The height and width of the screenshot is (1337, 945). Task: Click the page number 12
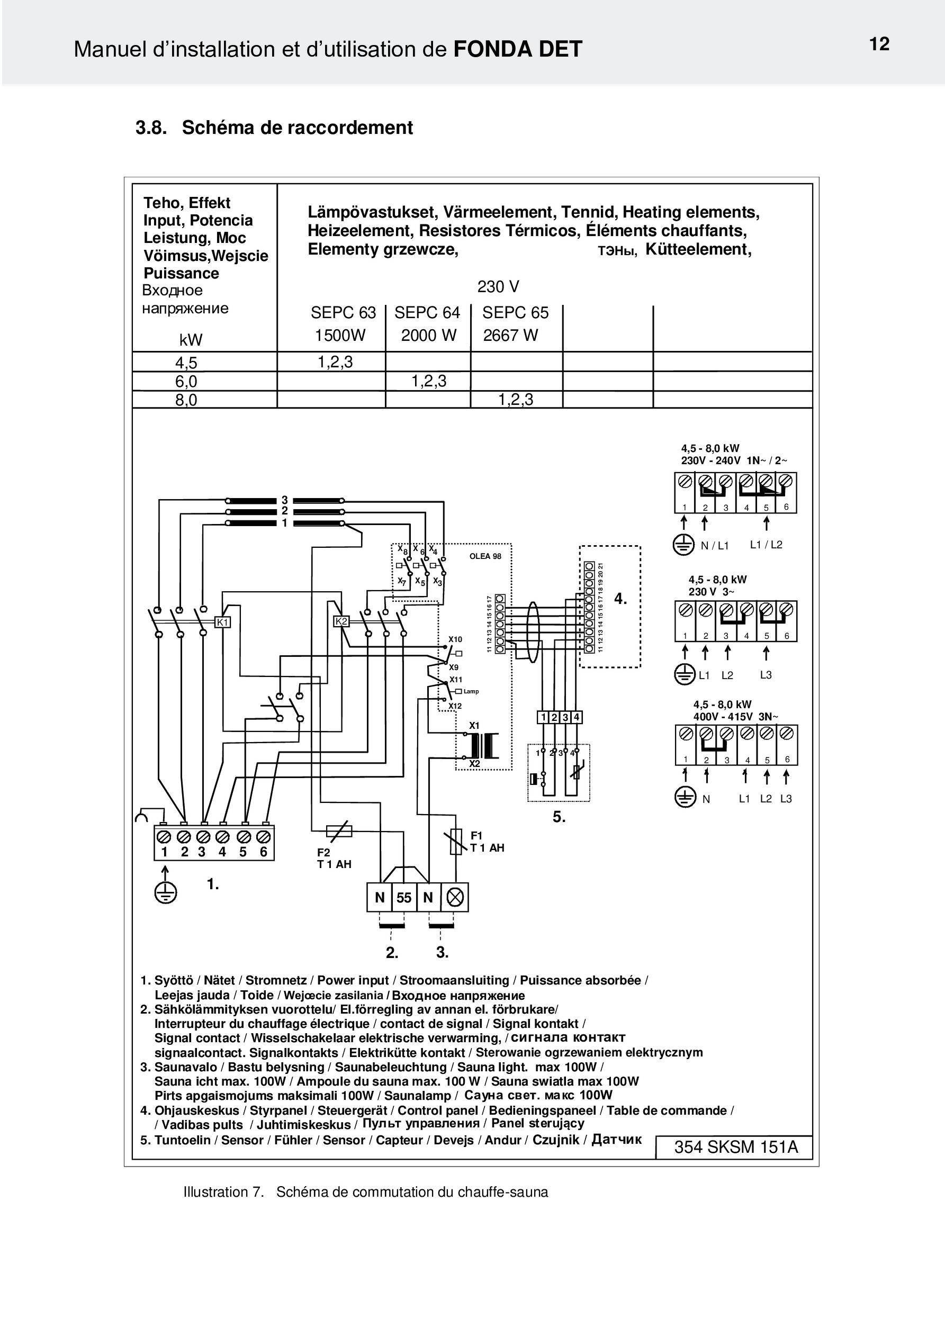click(x=879, y=44)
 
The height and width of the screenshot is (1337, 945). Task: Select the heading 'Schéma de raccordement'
click(x=297, y=128)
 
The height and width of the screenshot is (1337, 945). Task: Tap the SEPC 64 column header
click(x=427, y=313)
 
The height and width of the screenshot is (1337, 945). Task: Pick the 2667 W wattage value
click(x=510, y=336)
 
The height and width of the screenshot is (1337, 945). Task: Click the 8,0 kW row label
click(x=186, y=400)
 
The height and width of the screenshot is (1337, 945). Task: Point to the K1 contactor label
click(x=223, y=622)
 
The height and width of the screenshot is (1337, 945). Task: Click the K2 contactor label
click(x=341, y=621)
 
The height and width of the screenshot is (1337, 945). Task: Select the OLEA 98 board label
click(x=485, y=556)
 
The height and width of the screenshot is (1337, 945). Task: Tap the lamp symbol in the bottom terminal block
click(x=455, y=898)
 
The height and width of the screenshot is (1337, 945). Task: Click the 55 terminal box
click(x=404, y=898)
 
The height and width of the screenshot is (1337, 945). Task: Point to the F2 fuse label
click(x=323, y=853)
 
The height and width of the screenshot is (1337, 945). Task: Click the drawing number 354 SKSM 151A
click(x=736, y=1147)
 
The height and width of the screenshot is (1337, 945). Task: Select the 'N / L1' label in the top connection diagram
click(x=715, y=546)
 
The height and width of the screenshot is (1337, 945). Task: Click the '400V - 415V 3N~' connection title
click(x=736, y=717)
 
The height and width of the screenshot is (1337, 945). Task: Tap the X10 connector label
click(x=455, y=639)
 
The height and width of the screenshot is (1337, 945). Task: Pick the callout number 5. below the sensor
click(x=559, y=817)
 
